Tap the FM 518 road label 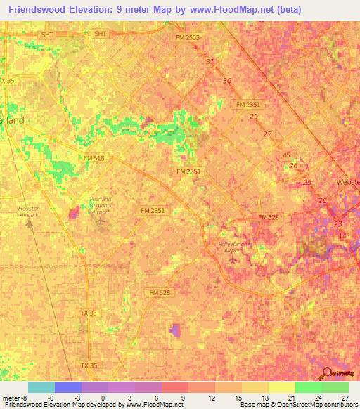click(x=93, y=159)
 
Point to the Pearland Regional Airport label click(x=103, y=205)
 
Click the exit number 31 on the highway click(x=210, y=62)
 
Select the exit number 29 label click(x=253, y=117)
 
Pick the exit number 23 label click(x=338, y=224)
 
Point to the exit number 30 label click(x=226, y=81)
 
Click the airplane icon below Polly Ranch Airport click(x=233, y=261)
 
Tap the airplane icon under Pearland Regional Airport click(x=101, y=223)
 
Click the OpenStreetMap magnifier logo click(x=326, y=373)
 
